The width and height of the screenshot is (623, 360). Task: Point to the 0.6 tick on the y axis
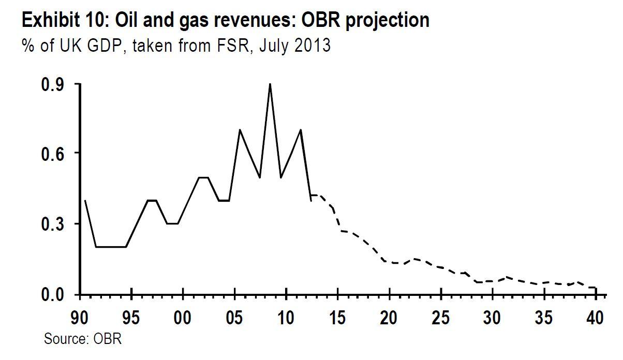coord(78,153)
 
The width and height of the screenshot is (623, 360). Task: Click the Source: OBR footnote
coord(82,339)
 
